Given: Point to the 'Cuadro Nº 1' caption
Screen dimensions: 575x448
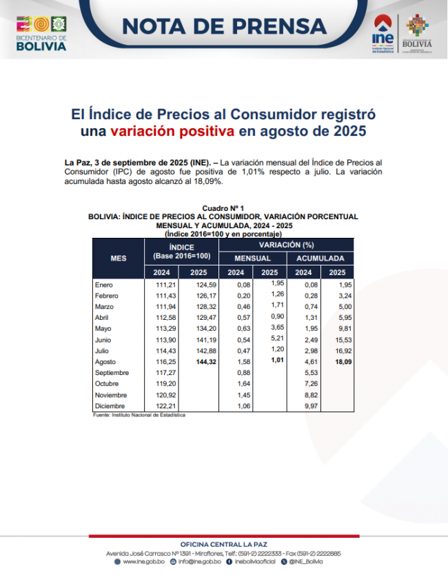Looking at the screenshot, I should (223, 208).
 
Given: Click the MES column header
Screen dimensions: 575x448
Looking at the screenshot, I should (119, 258).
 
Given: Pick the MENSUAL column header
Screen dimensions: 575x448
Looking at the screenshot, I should (253, 258).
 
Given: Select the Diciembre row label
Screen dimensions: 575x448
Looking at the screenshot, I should (109, 406).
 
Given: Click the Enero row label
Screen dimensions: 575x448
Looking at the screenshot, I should (103, 284).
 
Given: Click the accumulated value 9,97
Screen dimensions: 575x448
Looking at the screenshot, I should (303, 406).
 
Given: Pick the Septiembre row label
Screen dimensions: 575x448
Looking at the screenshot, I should (112, 372).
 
